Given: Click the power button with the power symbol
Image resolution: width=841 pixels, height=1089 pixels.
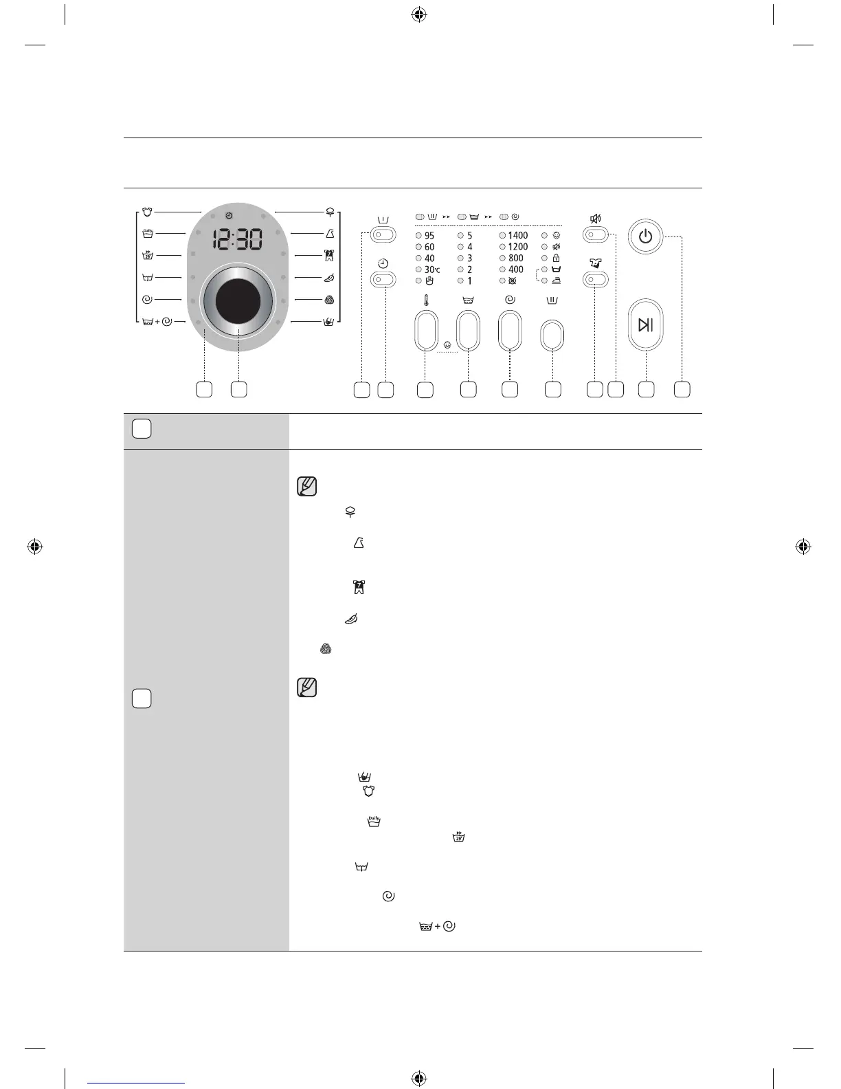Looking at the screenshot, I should (x=645, y=236).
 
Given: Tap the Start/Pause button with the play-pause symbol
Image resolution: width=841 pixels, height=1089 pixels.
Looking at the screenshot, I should (x=646, y=324).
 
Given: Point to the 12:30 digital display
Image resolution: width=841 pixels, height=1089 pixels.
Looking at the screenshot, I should (x=237, y=240).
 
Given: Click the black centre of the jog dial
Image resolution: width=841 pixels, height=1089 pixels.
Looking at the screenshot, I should (x=238, y=301).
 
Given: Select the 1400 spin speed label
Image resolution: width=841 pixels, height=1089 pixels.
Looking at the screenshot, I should (x=517, y=235).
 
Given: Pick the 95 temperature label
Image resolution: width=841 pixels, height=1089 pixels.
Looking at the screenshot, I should (x=429, y=235).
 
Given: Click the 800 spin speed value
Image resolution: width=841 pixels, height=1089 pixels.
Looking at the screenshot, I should (x=515, y=258).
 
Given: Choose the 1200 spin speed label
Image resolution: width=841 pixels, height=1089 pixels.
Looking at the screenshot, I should (x=517, y=247).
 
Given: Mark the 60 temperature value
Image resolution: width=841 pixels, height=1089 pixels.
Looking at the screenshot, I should (x=429, y=247).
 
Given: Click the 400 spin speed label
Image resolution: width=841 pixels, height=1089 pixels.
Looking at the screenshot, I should (x=515, y=269).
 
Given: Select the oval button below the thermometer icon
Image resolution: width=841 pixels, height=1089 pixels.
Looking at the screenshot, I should (x=426, y=331).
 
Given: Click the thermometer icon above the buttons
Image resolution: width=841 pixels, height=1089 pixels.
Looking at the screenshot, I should (x=426, y=300).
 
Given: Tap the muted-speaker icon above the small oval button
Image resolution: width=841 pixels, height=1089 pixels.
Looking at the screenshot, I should (x=595, y=219).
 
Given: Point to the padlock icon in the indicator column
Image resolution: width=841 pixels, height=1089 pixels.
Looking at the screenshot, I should (x=556, y=258).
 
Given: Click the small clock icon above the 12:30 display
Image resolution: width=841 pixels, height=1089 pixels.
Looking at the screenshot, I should (x=228, y=216).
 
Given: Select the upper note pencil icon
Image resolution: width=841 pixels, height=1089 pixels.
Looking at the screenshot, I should (x=307, y=486).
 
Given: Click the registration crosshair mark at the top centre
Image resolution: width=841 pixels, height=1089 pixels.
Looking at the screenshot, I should (x=418, y=14).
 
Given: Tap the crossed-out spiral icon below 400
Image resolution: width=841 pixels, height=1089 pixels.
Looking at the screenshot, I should (x=511, y=280).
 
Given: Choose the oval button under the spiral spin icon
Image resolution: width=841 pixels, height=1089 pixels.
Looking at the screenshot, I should (x=510, y=331).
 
